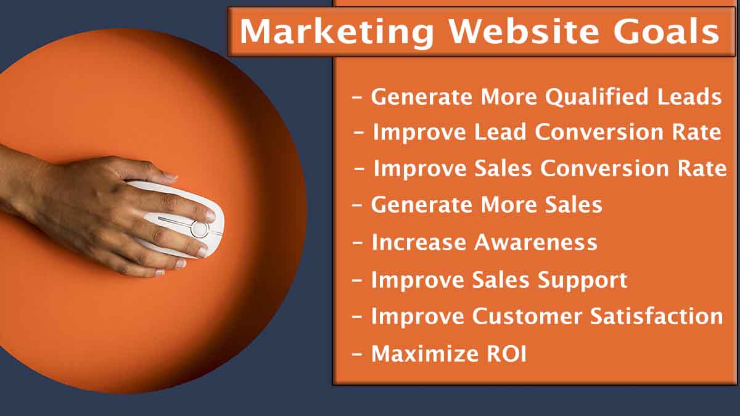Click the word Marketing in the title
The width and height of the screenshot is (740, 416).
[336, 32]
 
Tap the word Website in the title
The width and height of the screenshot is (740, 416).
[524, 31]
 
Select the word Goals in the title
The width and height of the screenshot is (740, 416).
[667, 31]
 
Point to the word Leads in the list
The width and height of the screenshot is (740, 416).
[689, 97]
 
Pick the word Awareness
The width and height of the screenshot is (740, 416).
[535, 242]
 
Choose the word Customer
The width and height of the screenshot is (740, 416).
[527, 316]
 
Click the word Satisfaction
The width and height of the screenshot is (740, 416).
[656, 316]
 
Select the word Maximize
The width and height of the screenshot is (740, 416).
[425, 354]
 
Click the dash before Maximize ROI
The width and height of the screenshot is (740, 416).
[358, 354]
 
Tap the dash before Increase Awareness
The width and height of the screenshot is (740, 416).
[358, 243]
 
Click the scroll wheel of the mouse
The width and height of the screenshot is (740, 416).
[200, 229]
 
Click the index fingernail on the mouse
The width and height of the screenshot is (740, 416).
[211, 216]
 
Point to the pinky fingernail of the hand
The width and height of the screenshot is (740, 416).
[160, 272]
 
